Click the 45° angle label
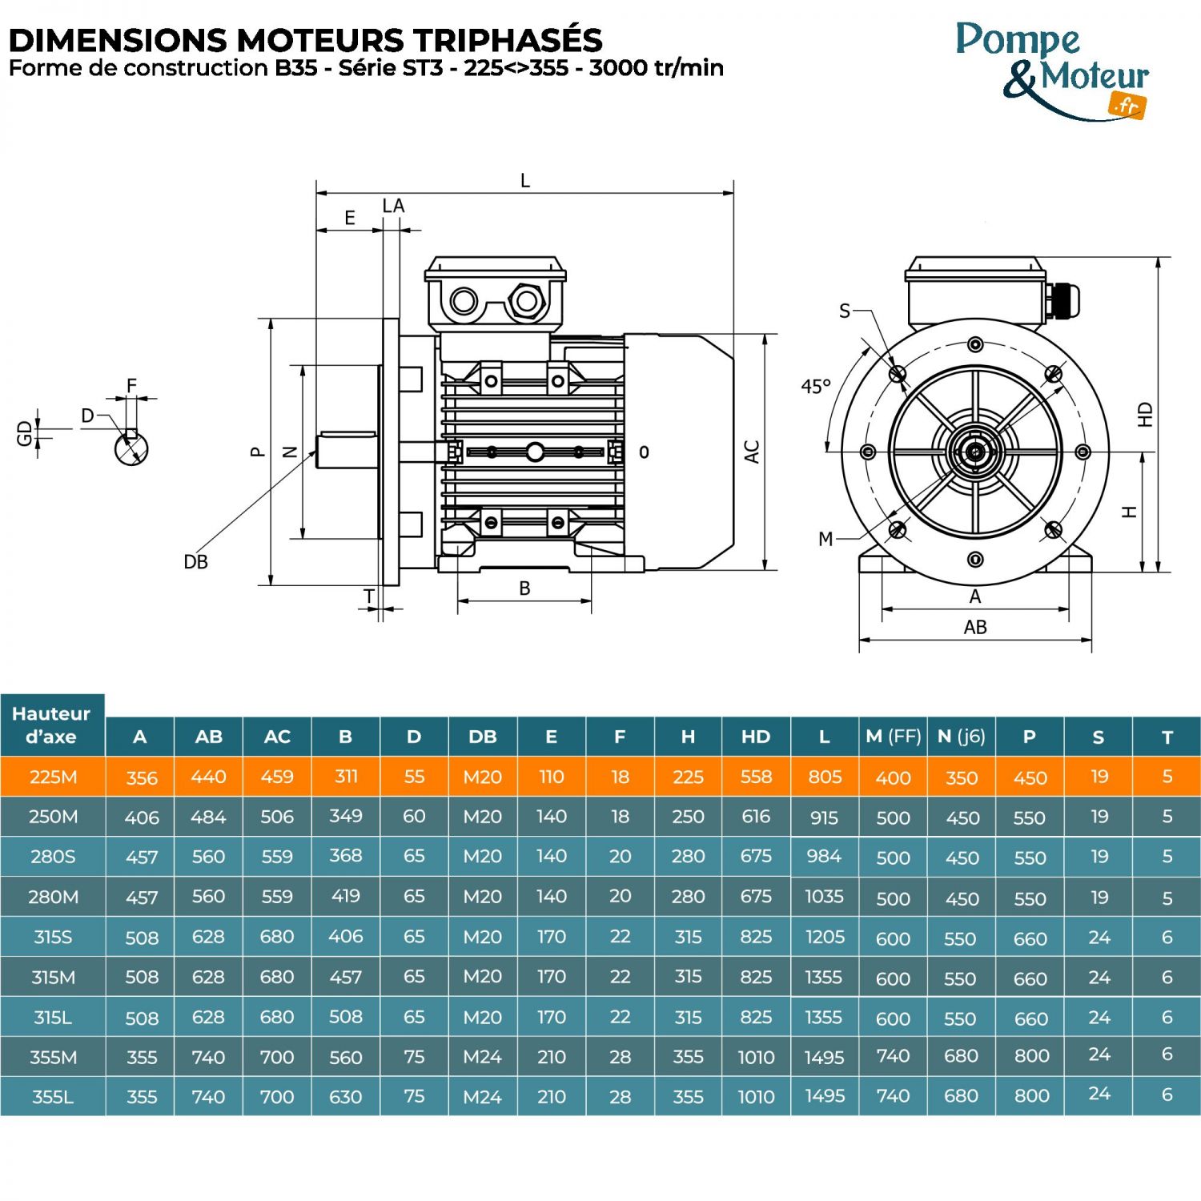tap(815, 387)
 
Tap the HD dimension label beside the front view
tap(1145, 414)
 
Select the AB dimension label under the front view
tap(974, 628)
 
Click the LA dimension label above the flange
tap(393, 207)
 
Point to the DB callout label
tap(195, 562)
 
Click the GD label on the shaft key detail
tap(25, 433)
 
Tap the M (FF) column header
tap(893, 737)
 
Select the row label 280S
tap(53, 857)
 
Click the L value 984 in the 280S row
tap(824, 857)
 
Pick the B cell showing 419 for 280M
tap(345, 897)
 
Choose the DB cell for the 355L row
tap(482, 1097)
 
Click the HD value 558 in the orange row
tap(756, 777)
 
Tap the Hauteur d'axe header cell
tap(51, 725)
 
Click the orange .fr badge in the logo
tap(1127, 105)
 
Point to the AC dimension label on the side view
tap(752, 452)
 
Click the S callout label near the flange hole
tap(844, 311)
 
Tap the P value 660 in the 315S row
tap(1030, 938)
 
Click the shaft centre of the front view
tap(975, 452)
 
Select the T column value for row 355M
tap(1167, 1055)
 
